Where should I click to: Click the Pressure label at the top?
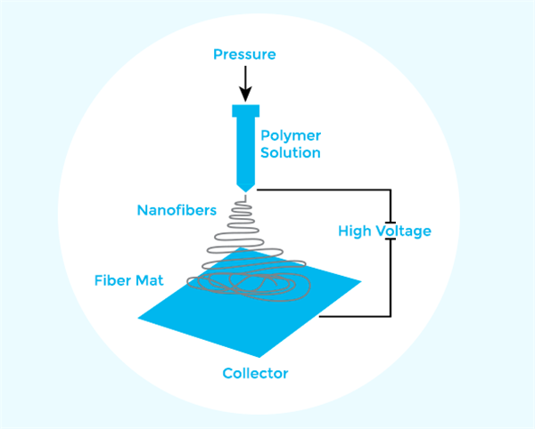click(x=244, y=55)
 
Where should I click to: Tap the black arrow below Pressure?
click(x=244, y=85)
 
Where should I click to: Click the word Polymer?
click(x=291, y=136)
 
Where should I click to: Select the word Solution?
click(x=291, y=153)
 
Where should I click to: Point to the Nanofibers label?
click(x=177, y=211)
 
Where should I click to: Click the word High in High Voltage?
click(x=354, y=231)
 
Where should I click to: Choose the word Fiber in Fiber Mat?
click(x=113, y=280)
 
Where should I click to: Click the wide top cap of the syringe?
click(x=244, y=111)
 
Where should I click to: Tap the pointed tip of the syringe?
click(x=244, y=187)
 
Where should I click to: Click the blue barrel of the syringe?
click(x=244, y=147)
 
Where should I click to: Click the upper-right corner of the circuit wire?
click(x=391, y=190)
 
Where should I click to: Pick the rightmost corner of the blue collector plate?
click(x=361, y=284)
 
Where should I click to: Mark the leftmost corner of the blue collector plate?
click(x=140, y=315)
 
